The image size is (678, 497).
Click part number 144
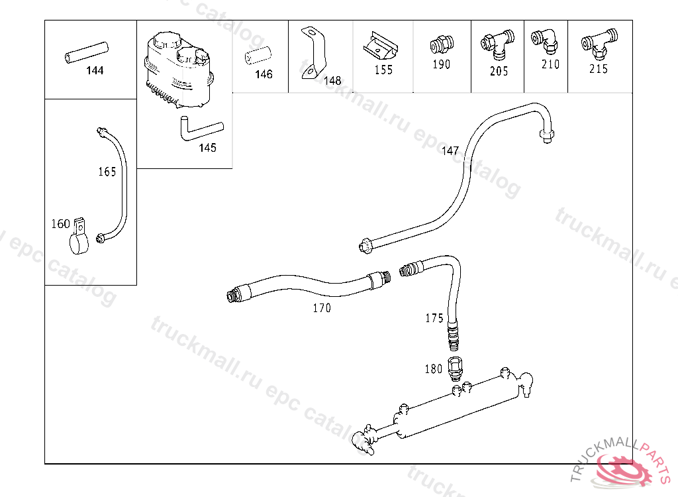point(95,70)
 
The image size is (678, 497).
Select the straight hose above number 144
point(86,53)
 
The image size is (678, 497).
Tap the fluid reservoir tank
point(179,70)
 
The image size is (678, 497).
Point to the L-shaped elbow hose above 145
point(200,129)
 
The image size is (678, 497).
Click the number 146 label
point(264,74)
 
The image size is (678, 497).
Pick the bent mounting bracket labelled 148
point(313,53)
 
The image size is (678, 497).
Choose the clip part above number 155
point(381,46)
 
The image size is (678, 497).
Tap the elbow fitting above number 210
point(545,42)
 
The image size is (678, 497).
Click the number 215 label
point(599,69)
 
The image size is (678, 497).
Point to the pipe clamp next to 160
point(79,237)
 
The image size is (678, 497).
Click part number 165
point(107,172)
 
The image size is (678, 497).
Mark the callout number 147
point(450,150)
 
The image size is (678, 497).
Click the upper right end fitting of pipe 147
point(546,135)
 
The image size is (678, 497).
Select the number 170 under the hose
point(322,308)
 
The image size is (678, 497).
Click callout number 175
point(434,318)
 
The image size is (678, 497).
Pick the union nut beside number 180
point(455,368)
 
